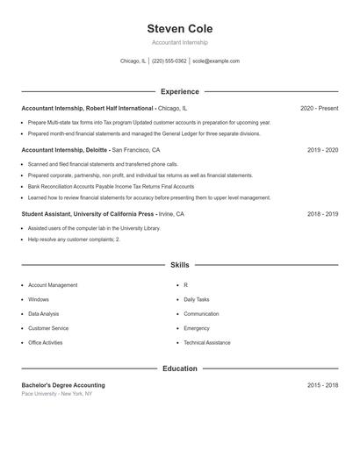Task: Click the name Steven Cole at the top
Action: (x=179, y=29)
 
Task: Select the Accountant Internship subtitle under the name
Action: (x=179, y=42)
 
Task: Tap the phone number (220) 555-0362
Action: (x=169, y=61)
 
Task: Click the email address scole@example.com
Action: (x=215, y=61)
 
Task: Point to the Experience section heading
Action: (x=179, y=91)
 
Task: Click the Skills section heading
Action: (x=179, y=264)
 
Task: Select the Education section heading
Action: (x=179, y=368)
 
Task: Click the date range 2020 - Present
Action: (x=319, y=108)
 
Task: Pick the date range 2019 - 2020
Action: (x=322, y=150)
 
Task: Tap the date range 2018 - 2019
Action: (x=322, y=214)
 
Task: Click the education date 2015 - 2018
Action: (x=322, y=385)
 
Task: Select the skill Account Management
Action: (x=53, y=285)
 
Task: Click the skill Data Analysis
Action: (x=44, y=313)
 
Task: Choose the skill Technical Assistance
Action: (x=207, y=342)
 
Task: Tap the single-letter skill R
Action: (x=185, y=285)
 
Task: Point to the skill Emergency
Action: (x=197, y=328)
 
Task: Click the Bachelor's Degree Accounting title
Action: (x=63, y=385)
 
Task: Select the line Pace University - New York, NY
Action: (x=57, y=394)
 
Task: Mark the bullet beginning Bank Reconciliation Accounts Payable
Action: (x=111, y=186)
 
